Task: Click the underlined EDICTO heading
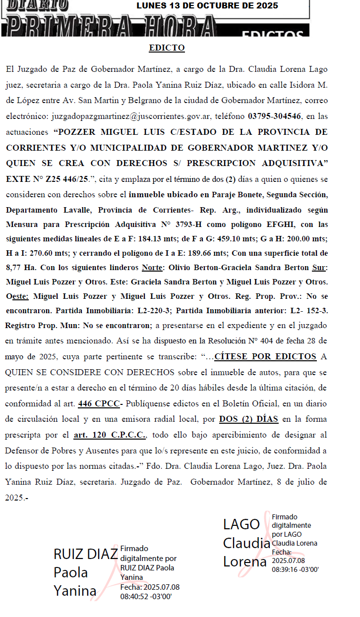click(167, 48)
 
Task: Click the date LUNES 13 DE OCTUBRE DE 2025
click(207, 6)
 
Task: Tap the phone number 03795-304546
click(274, 117)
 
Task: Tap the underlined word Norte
click(152, 268)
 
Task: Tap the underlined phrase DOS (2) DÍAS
click(248, 419)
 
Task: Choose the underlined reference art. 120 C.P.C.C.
click(110, 435)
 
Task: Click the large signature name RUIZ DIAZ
click(85, 554)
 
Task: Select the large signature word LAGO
click(241, 524)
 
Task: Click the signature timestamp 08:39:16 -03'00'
click(295, 569)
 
